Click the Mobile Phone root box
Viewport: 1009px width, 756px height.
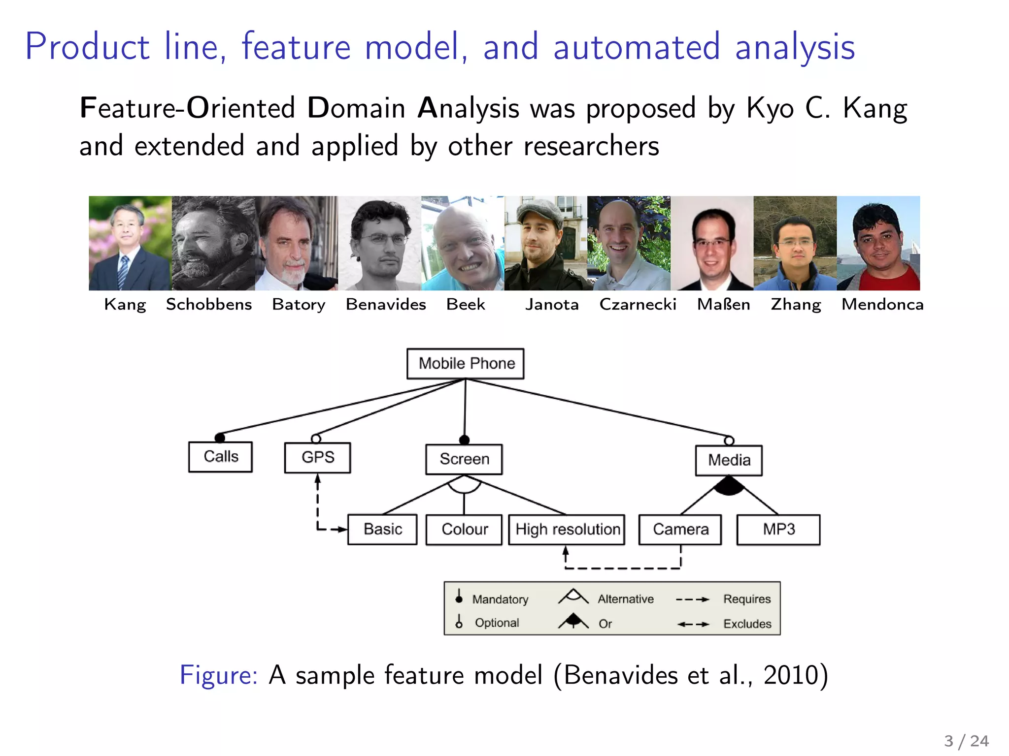[x=465, y=364]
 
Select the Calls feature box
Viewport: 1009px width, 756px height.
[x=220, y=457]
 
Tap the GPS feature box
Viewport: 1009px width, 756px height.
[x=317, y=458]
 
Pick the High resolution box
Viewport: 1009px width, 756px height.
[x=567, y=530]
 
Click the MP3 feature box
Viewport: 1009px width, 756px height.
[x=778, y=530]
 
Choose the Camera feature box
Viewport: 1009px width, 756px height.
[x=680, y=530]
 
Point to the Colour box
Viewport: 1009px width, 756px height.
[x=464, y=530]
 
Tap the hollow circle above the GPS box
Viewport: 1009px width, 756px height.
[x=316, y=439]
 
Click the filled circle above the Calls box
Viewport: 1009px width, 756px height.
[x=220, y=438]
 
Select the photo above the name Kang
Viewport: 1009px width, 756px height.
[x=130, y=243]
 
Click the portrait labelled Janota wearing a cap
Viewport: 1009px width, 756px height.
[x=545, y=243]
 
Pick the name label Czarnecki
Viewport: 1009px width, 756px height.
[x=638, y=305]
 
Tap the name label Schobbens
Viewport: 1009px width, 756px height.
[x=209, y=305]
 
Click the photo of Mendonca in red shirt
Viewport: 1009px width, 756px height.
[x=878, y=243]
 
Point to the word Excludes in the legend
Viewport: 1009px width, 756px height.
[x=747, y=624]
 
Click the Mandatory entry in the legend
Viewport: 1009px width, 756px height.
[x=500, y=599]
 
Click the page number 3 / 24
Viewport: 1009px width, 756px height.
[x=966, y=741]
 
